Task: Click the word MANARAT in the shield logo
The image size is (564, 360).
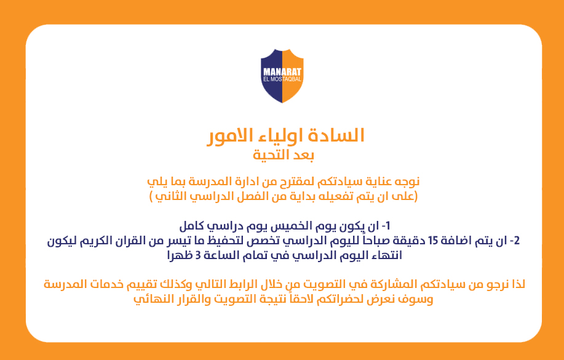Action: coord(282,72)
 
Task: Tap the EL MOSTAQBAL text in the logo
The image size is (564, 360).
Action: coord(282,79)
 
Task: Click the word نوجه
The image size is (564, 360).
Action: coord(407,182)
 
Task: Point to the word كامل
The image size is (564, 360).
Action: coord(191,226)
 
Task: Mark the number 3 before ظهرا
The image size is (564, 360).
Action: coord(198,255)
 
